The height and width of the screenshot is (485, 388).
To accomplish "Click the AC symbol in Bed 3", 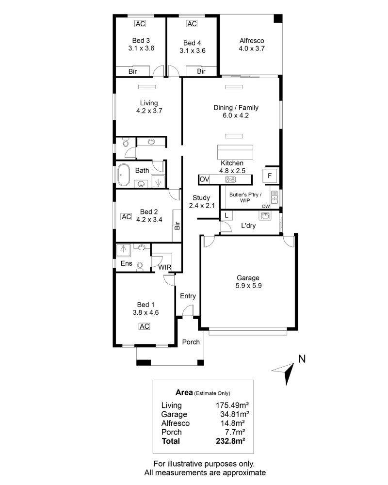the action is click(140, 23).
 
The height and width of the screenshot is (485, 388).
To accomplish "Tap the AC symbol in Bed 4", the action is click(192, 23).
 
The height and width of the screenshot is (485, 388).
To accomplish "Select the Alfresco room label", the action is click(252, 41).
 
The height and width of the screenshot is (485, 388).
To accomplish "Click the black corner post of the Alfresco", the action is click(278, 18).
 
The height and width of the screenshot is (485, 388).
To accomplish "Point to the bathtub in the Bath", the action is click(124, 175).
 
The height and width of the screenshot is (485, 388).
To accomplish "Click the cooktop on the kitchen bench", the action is click(230, 179).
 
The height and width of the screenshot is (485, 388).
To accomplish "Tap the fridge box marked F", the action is click(270, 176).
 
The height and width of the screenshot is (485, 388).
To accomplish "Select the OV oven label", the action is click(204, 179).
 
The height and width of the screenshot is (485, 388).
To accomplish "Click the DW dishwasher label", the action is click(266, 206).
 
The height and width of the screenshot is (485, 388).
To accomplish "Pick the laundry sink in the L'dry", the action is click(265, 215).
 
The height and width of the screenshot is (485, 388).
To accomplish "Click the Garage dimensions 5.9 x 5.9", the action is click(248, 286).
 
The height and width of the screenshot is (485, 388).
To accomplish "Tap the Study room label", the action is click(201, 198).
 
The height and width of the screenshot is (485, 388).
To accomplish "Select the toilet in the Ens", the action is click(140, 266).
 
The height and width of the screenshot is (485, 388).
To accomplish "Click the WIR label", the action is click(164, 267).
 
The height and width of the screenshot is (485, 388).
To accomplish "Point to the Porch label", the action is click(191, 342).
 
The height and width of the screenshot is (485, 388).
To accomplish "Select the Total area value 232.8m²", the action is click(230, 441).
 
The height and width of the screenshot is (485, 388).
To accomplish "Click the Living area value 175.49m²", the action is click(232, 405).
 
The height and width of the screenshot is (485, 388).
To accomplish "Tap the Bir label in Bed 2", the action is click(177, 226).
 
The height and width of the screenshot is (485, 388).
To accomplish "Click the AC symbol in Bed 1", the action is click(144, 326).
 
